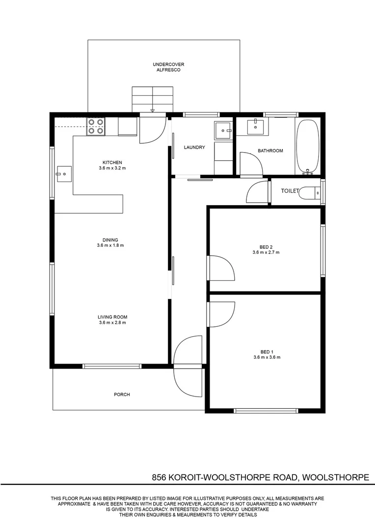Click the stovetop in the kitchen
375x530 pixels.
click(x=96, y=127)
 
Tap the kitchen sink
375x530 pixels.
click(x=64, y=174)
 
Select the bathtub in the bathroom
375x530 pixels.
click(x=307, y=147)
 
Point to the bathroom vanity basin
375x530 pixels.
click(x=255, y=127)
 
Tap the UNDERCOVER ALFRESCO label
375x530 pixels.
click(x=168, y=67)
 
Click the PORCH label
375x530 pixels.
click(x=122, y=395)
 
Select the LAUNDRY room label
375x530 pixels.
click(x=194, y=147)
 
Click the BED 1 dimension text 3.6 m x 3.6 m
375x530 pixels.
click(x=267, y=357)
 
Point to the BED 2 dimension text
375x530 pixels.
click(x=266, y=252)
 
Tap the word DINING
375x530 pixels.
click(x=110, y=240)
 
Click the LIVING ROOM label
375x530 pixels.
click(x=112, y=317)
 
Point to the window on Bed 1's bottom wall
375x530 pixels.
click(x=266, y=411)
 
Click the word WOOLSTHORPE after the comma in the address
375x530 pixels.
click(x=335, y=477)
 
